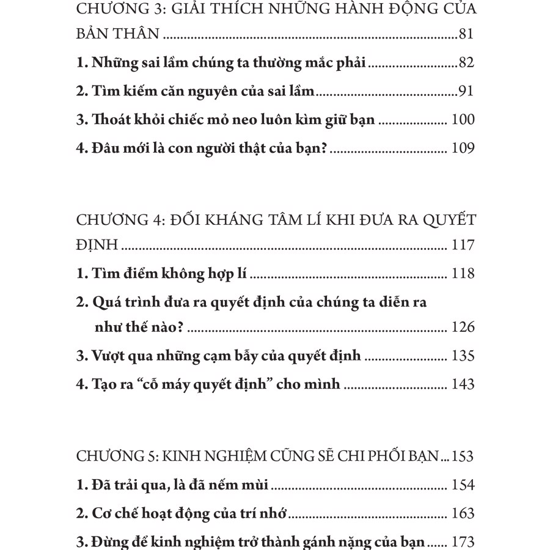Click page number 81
466,34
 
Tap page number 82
466,63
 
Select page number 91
466,92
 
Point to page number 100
463,120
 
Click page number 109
463,148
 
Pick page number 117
463,246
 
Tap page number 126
463,327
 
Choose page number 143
463,384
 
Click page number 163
463,513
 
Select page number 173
463,541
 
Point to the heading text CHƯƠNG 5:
116,457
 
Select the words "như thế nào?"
139,327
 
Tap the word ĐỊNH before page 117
98,246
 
